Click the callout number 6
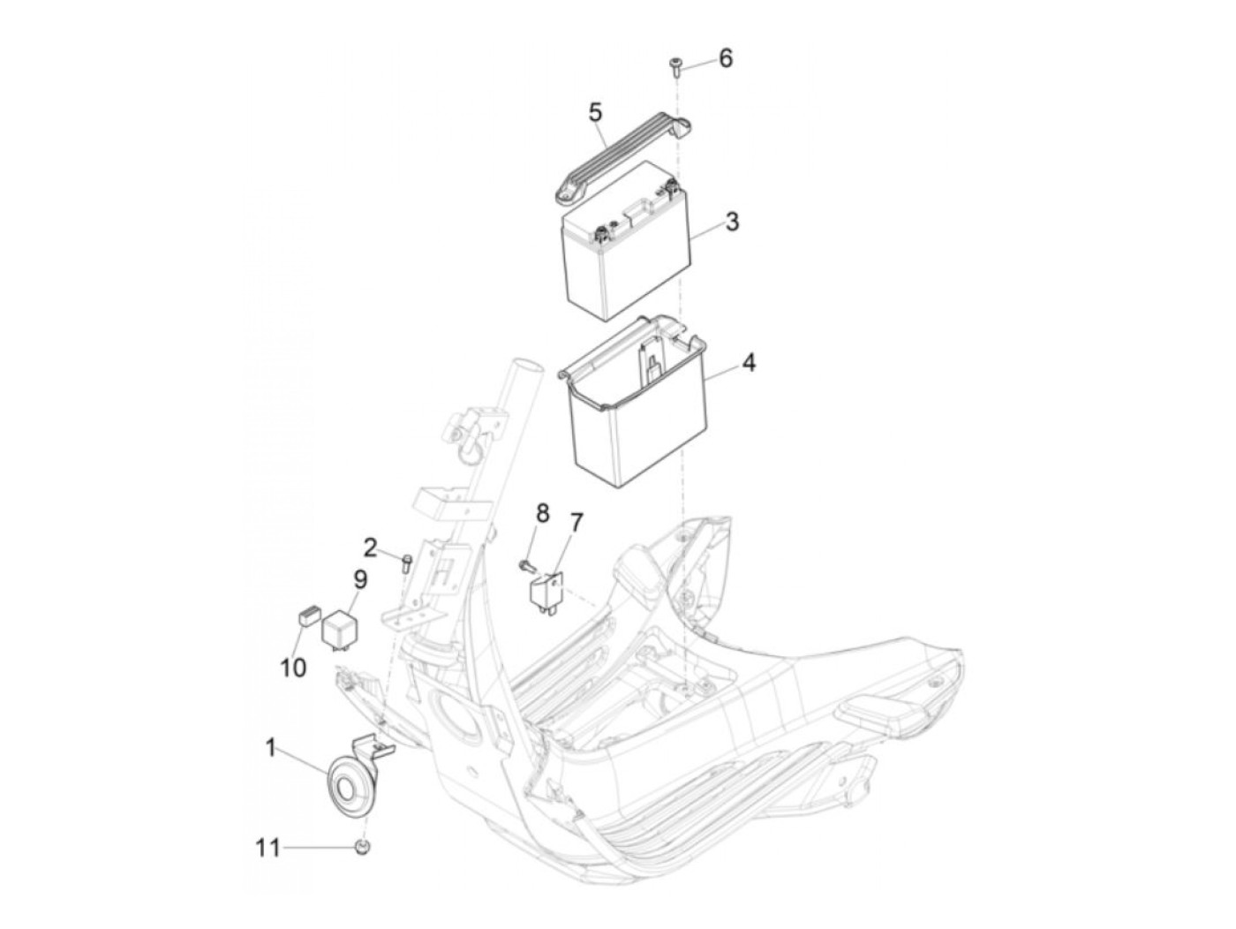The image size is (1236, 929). click(726, 58)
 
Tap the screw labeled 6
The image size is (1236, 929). click(675, 66)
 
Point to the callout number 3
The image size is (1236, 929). click(732, 222)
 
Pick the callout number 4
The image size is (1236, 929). click(748, 363)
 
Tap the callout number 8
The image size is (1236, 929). click(542, 512)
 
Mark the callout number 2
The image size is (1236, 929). click(369, 548)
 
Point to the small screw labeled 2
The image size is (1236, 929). click(407, 563)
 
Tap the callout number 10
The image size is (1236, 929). click(293, 668)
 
